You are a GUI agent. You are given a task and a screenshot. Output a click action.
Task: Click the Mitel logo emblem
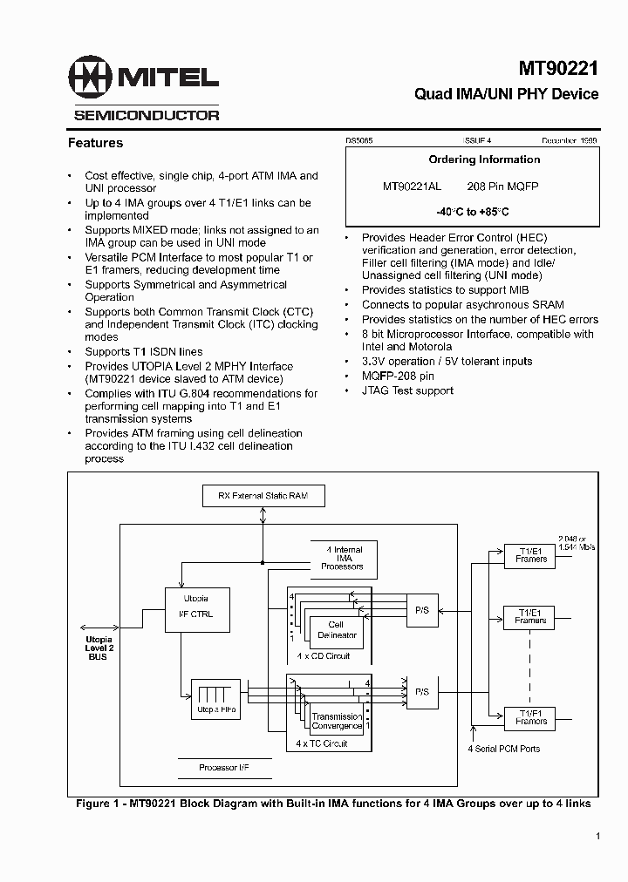click(91, 79)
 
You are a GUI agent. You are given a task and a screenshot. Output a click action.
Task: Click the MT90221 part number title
click(558, 68)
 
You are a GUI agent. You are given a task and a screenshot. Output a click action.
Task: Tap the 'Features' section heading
click(95, 143)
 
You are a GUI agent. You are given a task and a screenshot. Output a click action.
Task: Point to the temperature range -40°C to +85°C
click(472, 212)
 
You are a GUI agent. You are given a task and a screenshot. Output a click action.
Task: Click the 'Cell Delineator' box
click(336, 630)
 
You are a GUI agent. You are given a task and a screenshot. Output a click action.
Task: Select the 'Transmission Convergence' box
click(337, 721)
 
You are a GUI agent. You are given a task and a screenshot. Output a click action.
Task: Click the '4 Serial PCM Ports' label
click(503, 749)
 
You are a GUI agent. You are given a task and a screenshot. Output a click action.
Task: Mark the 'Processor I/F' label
click(219, 769)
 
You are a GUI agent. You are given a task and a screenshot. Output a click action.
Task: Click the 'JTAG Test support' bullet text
click(407, 390)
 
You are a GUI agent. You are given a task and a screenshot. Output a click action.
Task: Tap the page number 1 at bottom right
click(597, 837)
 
